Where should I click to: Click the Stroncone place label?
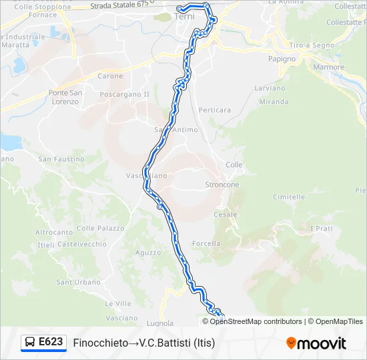[x=222, y=185]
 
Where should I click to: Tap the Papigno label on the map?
[x=282, y=59]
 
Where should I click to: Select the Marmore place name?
[x=328, y=67]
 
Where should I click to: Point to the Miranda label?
[x=274, y=102]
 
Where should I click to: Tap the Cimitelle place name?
[x=289, y=197]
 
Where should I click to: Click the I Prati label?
[x=322, y=229]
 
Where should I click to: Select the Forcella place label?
[x=206, y=243]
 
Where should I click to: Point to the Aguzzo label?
[x=147, y=253]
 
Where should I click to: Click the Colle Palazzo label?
[x=101, y=228]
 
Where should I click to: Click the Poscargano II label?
[x=124, y=95]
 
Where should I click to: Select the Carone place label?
[x=110, y=76]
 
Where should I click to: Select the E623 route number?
[x=51, y=343]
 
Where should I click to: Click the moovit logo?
[x=316, y=343]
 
